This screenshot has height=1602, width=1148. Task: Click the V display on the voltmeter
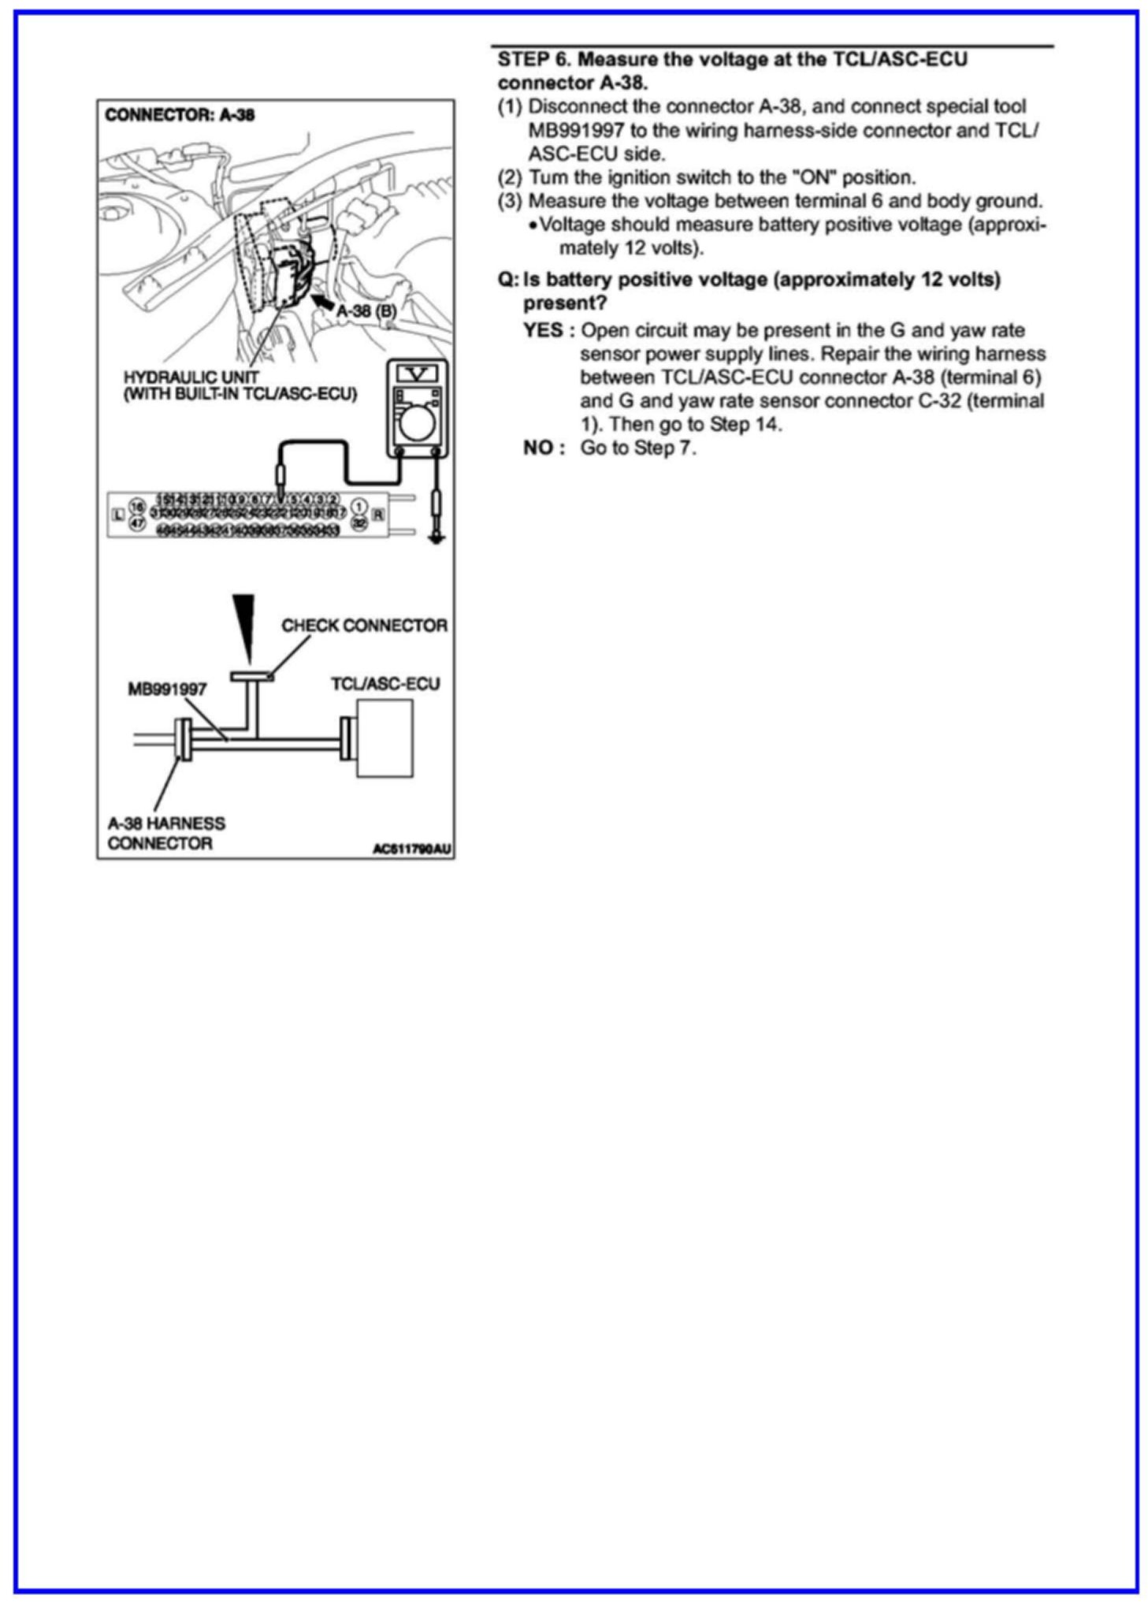click(416, 373)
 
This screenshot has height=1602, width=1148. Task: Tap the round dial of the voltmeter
click(417, 423)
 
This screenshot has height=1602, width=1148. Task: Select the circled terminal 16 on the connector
click(138, 506)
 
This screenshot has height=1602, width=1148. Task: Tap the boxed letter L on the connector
click(118, 514)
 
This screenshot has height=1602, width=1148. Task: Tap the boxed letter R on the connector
click(378, 514)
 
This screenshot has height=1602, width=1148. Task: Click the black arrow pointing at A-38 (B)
click(322, 301)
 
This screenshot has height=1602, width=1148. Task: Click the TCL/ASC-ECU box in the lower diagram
click(385, 738)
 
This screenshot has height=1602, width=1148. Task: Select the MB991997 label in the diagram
click(167, 689)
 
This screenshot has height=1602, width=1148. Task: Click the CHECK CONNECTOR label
click(364, 626)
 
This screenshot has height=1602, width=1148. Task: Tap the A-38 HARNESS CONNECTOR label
click(165, 833)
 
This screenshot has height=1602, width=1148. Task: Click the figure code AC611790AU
click(411, 849)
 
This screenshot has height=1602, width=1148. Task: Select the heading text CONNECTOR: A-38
click(180, 115)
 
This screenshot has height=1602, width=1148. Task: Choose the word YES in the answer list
click(543, 329)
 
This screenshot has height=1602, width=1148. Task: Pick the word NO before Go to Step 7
click(539, 448)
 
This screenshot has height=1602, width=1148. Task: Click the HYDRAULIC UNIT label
click(191, 377)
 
